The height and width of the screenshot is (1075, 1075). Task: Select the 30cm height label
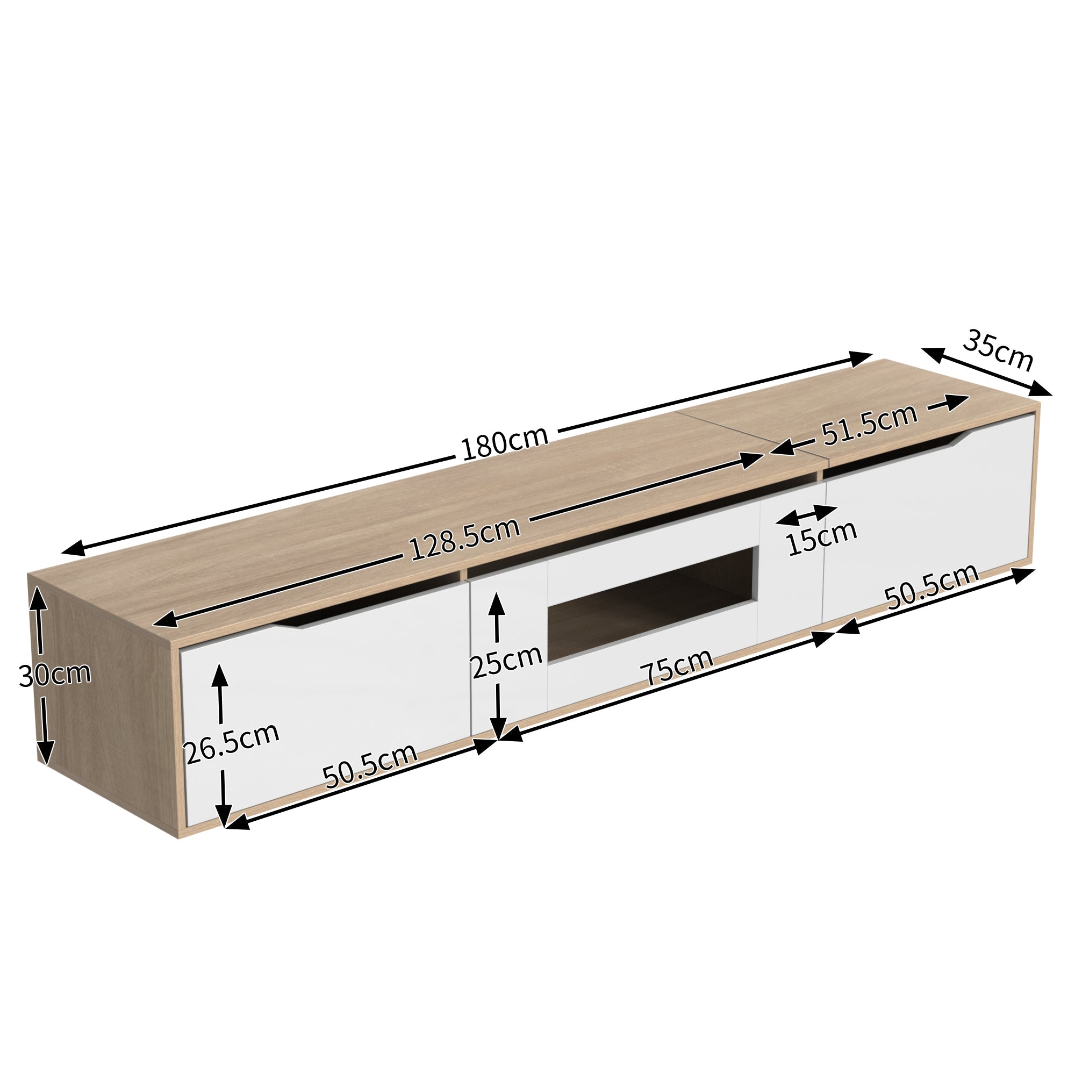(54, 674)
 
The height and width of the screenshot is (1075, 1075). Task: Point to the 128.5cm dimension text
(465, 538)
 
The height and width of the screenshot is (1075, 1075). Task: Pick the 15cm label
(822, 537)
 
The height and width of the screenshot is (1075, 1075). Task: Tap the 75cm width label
(679, 668)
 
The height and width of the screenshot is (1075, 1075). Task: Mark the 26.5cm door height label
(232, 743)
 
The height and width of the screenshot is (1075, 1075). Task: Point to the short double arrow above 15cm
(806, 515)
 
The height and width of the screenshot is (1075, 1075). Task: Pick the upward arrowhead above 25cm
(496, 604)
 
